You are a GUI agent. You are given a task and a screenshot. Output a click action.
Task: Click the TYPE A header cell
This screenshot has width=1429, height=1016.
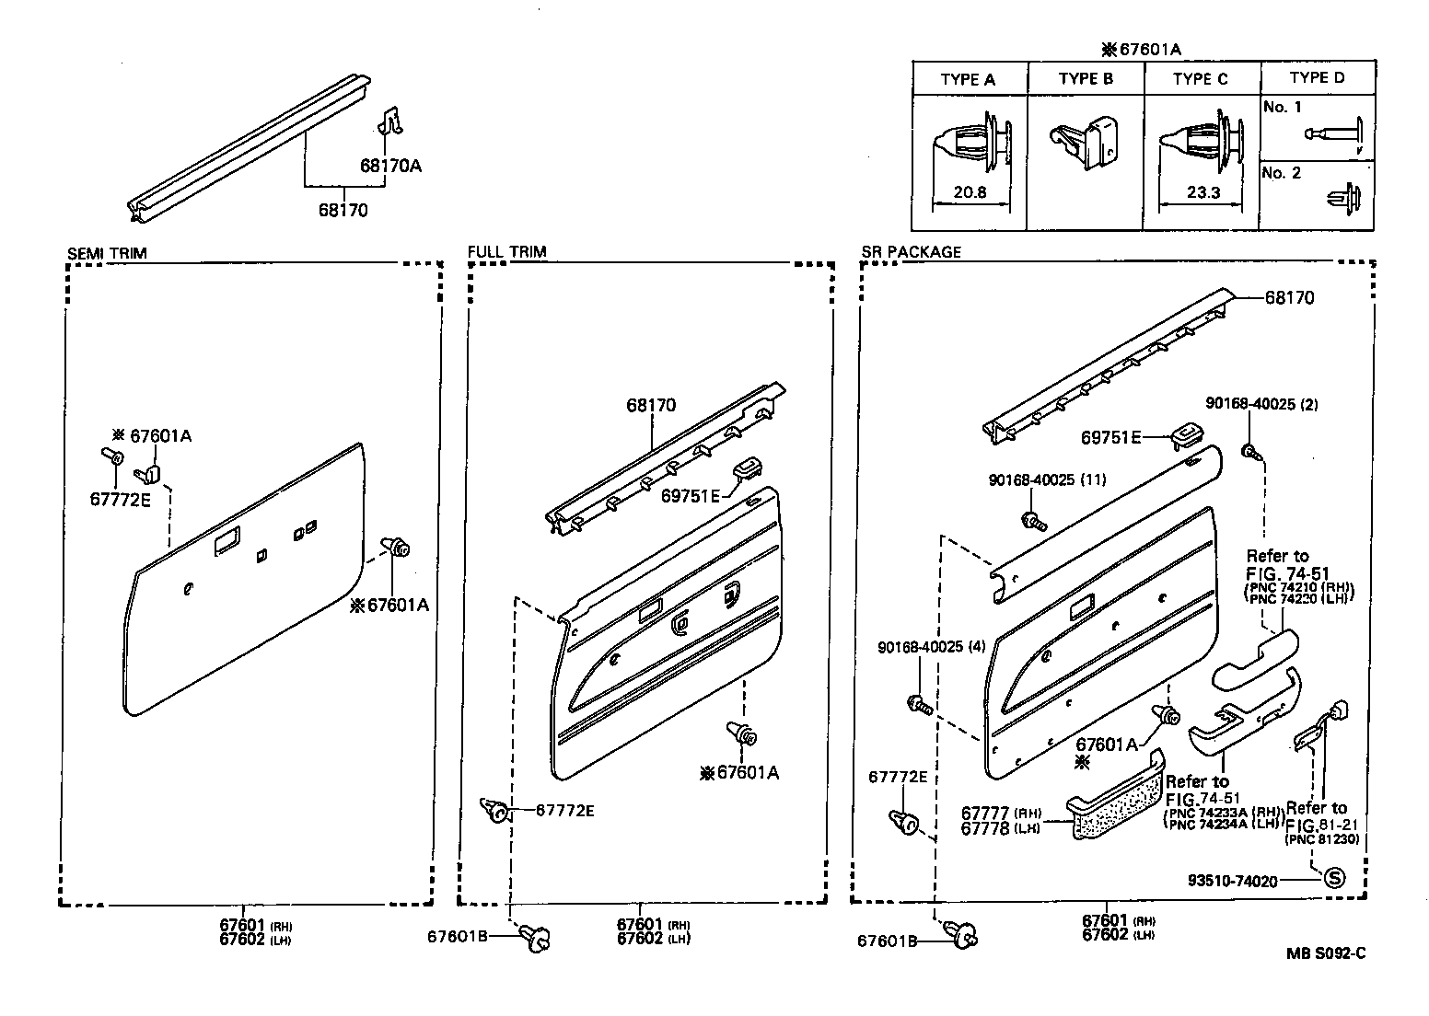(x=968, y=79)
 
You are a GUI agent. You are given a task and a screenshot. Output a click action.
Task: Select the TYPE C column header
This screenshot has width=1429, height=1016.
(x=1200, y=79)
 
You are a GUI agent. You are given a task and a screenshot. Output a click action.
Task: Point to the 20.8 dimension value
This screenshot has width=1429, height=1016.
(x=971, y=193)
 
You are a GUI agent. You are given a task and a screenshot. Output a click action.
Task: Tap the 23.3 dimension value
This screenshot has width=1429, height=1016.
(x=1202, y=193)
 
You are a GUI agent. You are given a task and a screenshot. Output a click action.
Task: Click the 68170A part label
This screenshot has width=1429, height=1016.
(x=389, y=166)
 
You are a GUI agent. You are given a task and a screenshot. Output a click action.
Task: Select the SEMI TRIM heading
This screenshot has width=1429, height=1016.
(x=107, y=253)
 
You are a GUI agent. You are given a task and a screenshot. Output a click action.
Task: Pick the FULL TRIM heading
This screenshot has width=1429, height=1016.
(x=506, y=251)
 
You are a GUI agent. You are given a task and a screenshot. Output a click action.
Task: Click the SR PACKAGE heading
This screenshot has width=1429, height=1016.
(x=911, y=251)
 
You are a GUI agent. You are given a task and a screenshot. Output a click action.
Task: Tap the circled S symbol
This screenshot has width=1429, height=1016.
(x=1333, y=878)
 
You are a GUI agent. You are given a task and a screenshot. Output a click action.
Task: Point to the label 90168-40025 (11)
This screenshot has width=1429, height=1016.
(x=1047, y=479)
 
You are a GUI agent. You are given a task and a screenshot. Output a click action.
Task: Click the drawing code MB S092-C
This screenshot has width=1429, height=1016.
(x=1325, y=953)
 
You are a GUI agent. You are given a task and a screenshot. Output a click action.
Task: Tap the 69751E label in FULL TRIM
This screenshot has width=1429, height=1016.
(x=691, y=495)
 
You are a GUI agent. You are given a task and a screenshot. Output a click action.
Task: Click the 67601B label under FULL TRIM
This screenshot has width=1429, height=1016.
(x=457, y=936)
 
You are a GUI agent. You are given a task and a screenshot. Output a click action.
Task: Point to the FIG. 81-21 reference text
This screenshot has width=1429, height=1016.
(x=1321, y=824)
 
